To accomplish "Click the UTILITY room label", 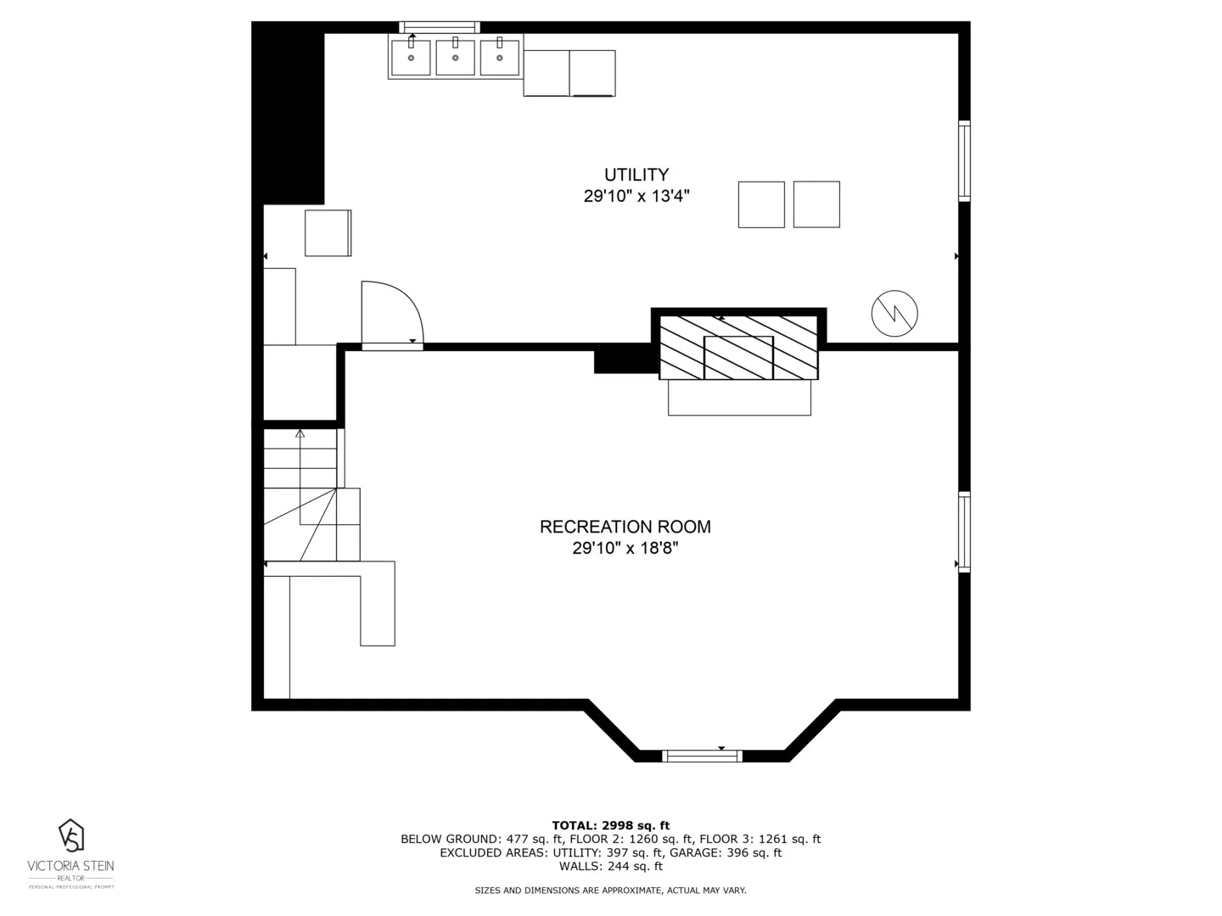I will [x=636, y=175].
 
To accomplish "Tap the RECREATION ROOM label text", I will [x=625, y=527].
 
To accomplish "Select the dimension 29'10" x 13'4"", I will [x=636, y=197].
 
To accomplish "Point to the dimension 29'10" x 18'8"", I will [x=625, y=549].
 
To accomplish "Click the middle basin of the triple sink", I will [x=456, y=57].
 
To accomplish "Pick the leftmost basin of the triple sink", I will [x=411, y=57].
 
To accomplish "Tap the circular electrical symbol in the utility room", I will [x=894, y=313].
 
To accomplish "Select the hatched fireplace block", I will [x=738, y=348].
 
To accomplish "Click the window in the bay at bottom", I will [x=702, y=756].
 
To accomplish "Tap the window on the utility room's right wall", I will [x=964, y=161].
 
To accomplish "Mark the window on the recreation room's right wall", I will [x=964, y=533].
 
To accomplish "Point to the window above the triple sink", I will [x=439, y=27].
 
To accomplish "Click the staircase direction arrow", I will [x=300, y=434].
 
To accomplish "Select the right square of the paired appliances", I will [x=816, y=204].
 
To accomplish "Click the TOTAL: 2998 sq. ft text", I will [x=610, y=825].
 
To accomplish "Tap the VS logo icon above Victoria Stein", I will [x=71, y=835].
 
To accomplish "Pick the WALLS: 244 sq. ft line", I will [x=610, y=866].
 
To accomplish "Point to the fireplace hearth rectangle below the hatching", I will [x=739, y=397].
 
